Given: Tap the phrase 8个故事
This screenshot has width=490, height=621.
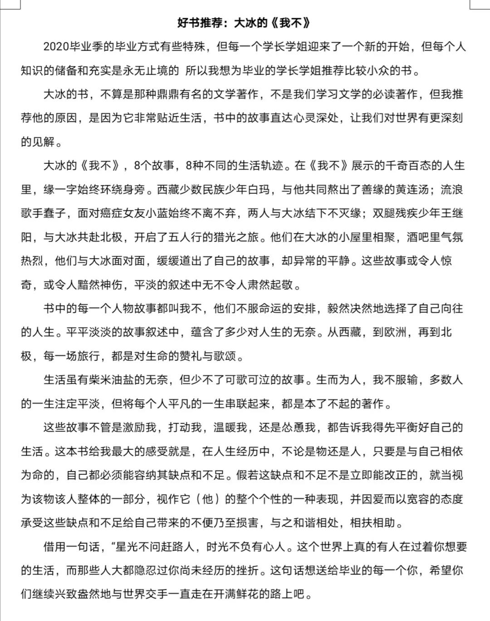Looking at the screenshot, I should (154, 166).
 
